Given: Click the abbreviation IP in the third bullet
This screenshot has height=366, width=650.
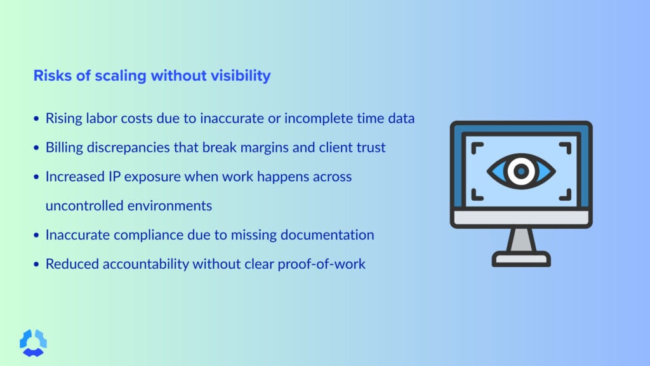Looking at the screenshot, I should point(114,177).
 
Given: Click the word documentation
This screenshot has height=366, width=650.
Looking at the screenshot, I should point(326,235).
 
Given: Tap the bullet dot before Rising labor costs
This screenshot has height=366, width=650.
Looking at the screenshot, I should point(36,119).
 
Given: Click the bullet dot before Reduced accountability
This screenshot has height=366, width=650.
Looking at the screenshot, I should point(36,264).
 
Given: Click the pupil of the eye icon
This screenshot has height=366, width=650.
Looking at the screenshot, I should point(521,170).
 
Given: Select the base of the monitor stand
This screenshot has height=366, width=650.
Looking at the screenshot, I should point(521,259).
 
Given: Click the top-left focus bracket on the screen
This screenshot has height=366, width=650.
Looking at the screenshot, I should point(478,147).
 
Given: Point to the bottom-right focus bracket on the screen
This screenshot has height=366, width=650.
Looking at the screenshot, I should point(564,193).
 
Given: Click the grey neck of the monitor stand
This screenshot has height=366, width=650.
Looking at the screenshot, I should point(521,240).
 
